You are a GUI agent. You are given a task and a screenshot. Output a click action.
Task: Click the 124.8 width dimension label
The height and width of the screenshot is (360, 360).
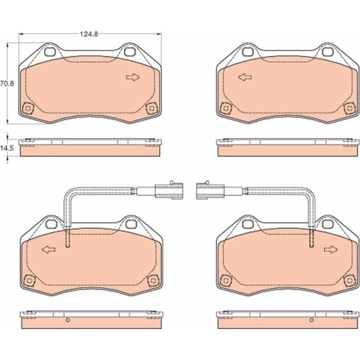89,34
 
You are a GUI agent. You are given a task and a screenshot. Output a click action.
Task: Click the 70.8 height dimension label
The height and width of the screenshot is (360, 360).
7,84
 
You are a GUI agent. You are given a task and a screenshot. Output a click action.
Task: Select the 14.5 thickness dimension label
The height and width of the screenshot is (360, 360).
7,148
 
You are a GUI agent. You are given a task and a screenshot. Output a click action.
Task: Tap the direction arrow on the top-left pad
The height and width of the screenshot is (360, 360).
133,77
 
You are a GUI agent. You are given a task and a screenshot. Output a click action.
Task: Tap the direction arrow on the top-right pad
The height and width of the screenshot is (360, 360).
245,77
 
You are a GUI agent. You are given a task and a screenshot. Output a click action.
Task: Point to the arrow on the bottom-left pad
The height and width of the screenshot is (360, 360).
49,249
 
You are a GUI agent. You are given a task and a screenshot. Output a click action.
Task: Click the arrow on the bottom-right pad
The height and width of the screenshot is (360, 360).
331,249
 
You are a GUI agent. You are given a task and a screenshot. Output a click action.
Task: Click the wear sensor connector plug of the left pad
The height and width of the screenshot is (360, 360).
169,190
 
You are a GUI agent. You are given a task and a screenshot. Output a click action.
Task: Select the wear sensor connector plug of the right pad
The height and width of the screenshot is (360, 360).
210,190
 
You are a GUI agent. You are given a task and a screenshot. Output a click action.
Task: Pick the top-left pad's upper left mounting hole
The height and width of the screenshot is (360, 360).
50,52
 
